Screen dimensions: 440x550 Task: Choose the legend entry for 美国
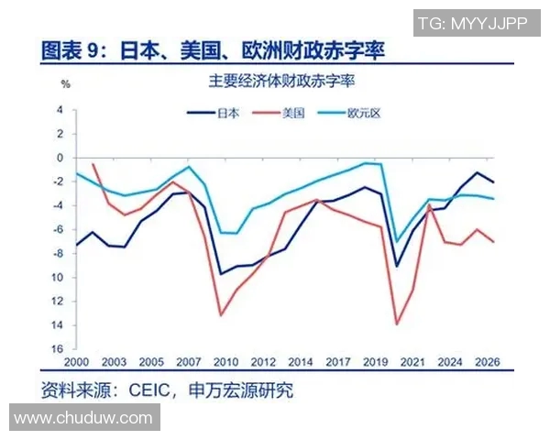[292, 113]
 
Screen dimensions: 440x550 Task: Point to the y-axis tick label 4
[60, 110]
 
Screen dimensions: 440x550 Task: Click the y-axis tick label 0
[60, 158]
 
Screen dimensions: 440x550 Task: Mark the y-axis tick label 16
[58, 349]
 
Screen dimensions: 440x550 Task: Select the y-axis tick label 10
[58, 277]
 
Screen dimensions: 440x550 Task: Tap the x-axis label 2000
[77, 362]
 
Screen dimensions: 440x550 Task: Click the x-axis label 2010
[225, 362]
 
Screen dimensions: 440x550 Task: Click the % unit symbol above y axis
[65, 84]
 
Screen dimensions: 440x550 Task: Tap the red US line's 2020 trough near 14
[397, 324]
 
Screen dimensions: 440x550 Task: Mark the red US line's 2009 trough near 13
[221, 315]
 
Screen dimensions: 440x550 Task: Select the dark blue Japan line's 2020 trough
[397, 266]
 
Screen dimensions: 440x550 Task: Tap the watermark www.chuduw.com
[83, 418]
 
